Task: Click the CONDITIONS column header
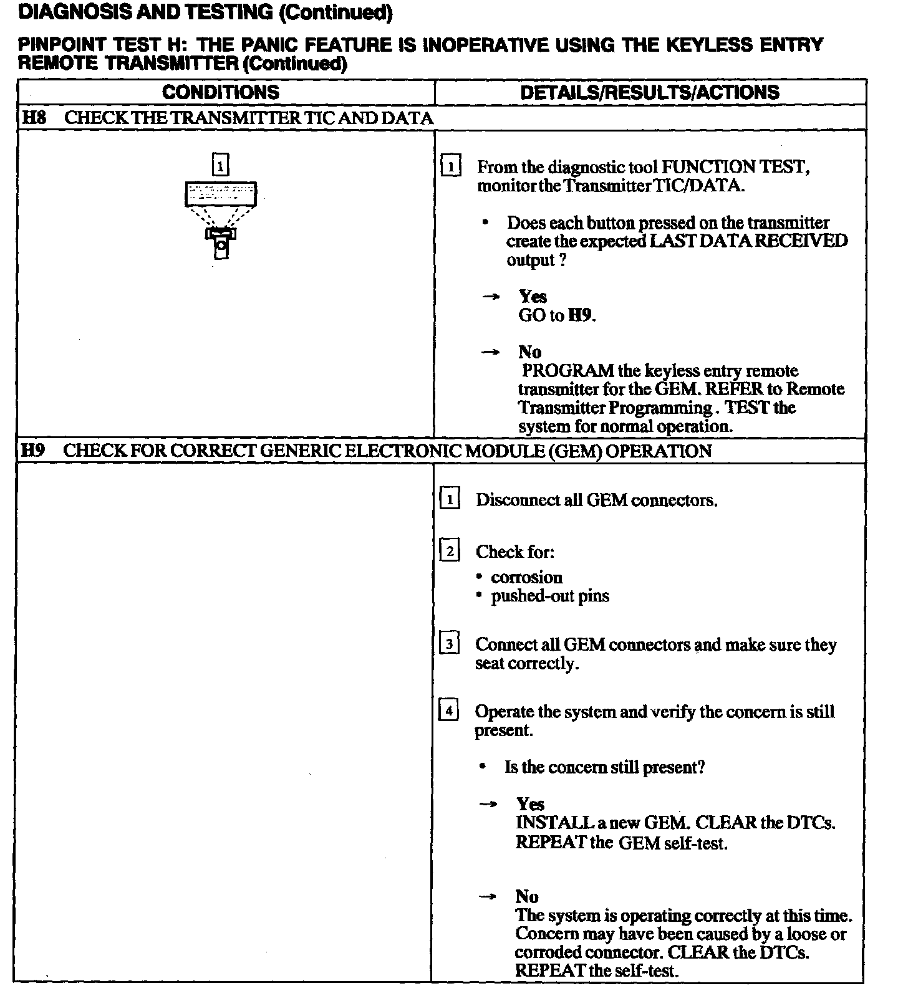221,92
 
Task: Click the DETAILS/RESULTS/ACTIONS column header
649,92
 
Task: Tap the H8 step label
34,118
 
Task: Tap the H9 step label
33,451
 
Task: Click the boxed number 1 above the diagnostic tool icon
221,165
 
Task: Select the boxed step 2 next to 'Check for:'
450,551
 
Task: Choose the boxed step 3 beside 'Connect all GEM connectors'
449,643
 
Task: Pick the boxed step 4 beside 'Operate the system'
449,711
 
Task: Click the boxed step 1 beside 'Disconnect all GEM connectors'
450,499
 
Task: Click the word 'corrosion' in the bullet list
526,577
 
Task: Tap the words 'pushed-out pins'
550,596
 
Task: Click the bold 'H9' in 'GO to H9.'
579,315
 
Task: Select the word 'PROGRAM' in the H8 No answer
567,371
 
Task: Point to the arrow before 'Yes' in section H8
491,297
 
